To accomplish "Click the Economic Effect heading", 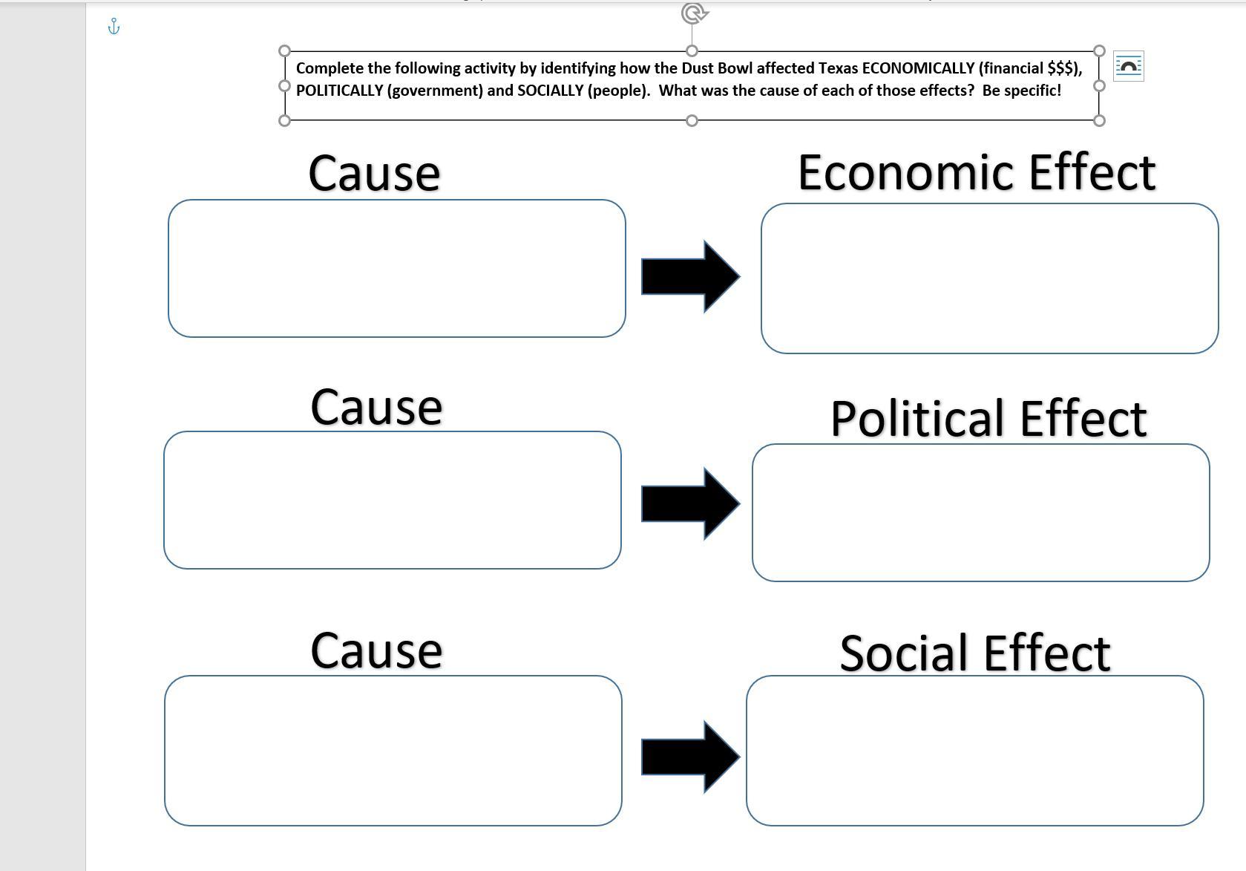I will [977, 172].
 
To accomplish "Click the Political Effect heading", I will [988, 419].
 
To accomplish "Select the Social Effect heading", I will [974, 653].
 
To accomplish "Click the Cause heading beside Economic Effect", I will [374, 174].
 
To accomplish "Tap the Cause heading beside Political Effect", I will [376, 408].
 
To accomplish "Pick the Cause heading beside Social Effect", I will [376, 651].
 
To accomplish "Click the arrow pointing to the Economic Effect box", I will [689, 276].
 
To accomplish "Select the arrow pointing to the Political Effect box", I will [689, 503].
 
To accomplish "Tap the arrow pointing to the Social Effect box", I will [689, 757].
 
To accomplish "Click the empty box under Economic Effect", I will [989, 278].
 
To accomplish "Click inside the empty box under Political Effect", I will [980, 512].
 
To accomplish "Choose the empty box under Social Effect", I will [974, 750].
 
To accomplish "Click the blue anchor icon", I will [114, 27].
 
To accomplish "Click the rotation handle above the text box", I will [694, 13].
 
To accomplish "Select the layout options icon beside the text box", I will [1128, 67].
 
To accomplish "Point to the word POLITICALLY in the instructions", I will [339, 91].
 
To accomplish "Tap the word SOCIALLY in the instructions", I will [550, 91].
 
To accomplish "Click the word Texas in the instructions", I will [838, 68].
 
